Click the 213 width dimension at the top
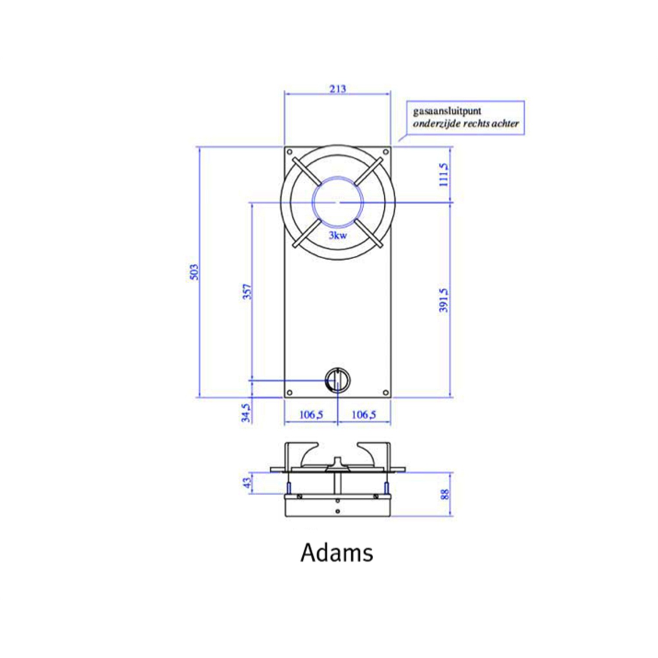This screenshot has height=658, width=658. (337, 89)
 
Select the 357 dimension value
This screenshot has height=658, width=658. (247, 291)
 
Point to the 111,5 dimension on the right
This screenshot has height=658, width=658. (444, 175)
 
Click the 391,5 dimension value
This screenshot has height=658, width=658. (444, 300)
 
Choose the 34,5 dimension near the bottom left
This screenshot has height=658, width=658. (247, 413)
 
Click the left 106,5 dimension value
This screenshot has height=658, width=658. (311, 415)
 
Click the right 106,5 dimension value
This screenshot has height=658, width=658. (364, 415)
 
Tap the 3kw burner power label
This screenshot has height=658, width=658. (338, 236)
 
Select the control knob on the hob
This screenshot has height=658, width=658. (337, 379)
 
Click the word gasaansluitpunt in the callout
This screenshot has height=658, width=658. (447, 111)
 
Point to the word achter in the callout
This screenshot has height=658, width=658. (505, 124)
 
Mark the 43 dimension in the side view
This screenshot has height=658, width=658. (247, 483)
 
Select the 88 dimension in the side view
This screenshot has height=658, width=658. (444, 494)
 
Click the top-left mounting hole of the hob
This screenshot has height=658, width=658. (290, 152)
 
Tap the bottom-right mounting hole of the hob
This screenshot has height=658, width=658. (386, 392)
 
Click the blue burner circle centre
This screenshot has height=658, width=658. (337, 202)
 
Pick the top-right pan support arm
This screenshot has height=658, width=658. (368, 172)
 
